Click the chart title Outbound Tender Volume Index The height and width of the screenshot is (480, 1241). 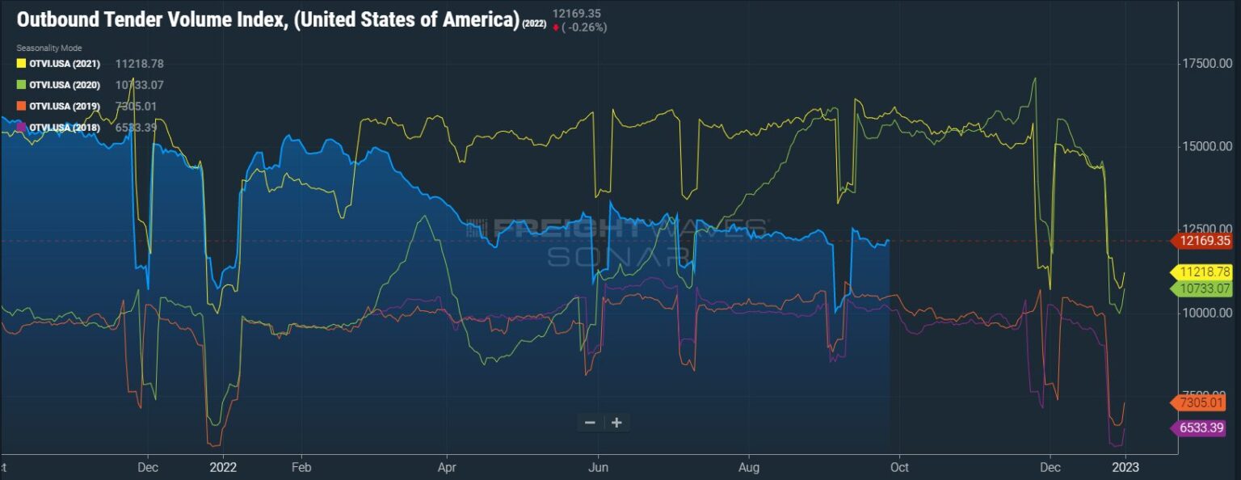[267, 19]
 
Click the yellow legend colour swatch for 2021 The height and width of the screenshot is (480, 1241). [22, 64]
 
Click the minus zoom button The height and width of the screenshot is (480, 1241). [590, 423]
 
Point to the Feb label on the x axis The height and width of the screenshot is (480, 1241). [301, 467]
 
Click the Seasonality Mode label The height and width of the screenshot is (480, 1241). [49, 48]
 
